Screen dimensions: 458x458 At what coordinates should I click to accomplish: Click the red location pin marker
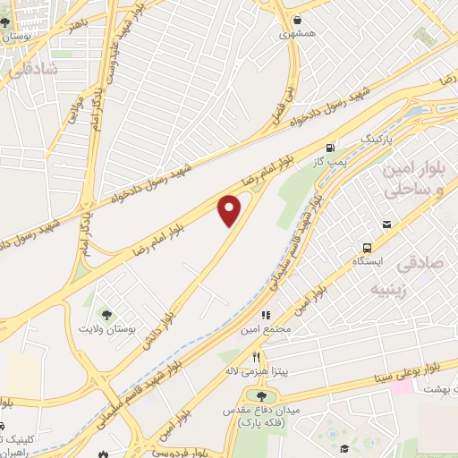(231, 210)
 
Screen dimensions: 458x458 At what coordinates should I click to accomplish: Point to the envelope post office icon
(386, 225)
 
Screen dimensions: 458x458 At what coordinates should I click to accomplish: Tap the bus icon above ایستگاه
(366, 247)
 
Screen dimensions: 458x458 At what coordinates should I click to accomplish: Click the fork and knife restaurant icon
(256, 355)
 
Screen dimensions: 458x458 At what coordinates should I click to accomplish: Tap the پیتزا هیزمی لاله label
(255, 369)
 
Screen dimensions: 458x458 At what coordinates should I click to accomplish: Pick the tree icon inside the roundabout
(260, 396)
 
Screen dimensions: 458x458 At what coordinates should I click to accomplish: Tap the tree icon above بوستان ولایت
(107, 314)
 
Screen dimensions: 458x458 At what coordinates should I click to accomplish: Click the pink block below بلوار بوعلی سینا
(402, 388)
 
